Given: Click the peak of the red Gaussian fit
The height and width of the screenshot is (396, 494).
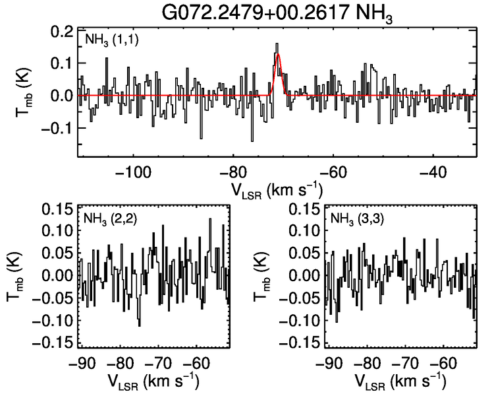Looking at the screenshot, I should pyautogui.click(x=279, y=55).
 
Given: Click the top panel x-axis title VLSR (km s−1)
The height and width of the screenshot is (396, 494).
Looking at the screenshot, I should pyautogui.click(x=277, y=191).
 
